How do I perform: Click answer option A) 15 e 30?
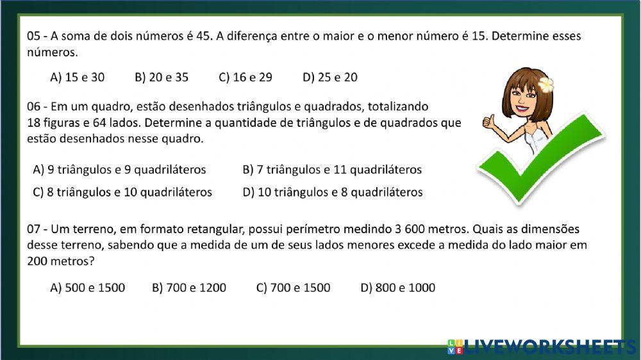coord(77,78)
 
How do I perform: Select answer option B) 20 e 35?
coord(162,78)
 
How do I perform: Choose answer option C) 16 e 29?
coord(246,78)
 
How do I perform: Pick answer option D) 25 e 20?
coord(330,78)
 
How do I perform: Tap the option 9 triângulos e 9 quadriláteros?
coord(119,170)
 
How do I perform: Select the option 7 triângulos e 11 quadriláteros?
coord(332,170)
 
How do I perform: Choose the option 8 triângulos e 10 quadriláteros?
coord(122,192)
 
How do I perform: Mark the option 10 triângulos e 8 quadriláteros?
coord(333,192)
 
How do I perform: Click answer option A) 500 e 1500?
coord(87,288)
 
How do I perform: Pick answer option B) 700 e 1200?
coord(189,288)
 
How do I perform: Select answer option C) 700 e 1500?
coord(294,288)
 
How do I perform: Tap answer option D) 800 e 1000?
coord(398,288)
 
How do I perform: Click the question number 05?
coord(34,37)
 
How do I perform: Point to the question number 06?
coord(34,106)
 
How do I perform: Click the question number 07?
coord(34,229)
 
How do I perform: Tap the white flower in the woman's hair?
coord(545,84)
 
